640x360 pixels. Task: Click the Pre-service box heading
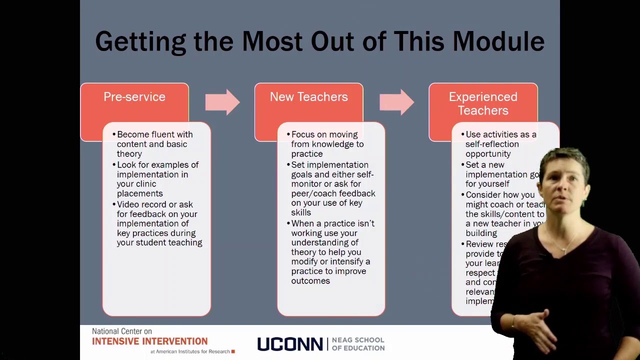coord(134,97)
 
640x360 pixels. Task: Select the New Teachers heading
coord(308,97)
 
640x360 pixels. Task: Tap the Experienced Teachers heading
coord(482,103)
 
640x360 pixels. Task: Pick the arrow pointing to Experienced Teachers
coord(396,102)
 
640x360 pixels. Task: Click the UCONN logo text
coord(289,344)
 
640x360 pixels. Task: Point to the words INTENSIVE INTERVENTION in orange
coord(149,341)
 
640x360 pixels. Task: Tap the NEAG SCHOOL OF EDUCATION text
coord(358,344)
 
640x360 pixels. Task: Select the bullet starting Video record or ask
coord(159,223)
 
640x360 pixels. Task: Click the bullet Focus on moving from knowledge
coord(327,144)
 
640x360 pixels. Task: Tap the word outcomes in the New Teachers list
coord(310,281)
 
